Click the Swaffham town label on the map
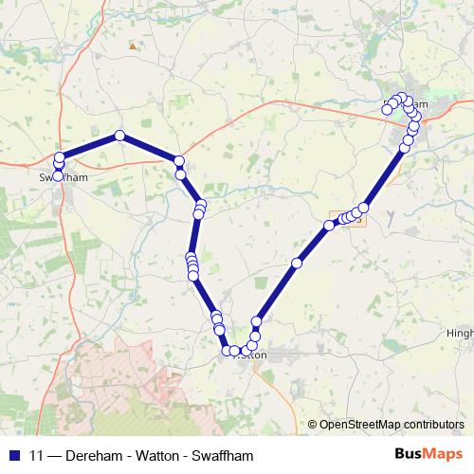click(x=63, y=176)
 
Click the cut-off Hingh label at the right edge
click(x=459, y=334)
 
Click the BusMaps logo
click(x=428, y=455)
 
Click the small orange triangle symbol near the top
click(x=133, y=45)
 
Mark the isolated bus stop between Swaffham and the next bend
click(x=119, y=136)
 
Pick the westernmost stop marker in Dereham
click(x=387, y=109)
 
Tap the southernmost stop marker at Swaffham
click(x=58, y=175)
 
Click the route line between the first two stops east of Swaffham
click(x=90, y=146)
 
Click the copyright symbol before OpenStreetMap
click(x=312, y=424)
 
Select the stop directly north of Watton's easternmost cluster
click(x=256, y=322)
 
